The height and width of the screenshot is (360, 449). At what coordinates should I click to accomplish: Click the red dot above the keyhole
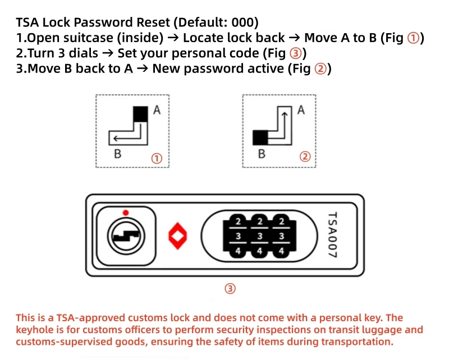[126, 212]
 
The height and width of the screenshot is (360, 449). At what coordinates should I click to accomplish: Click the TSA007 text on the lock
[333, 235]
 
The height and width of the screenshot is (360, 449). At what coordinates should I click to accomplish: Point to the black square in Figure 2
[261, 137]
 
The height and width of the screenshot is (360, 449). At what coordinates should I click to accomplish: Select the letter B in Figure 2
[262, 153]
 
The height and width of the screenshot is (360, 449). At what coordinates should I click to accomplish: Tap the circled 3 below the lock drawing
[230, 289]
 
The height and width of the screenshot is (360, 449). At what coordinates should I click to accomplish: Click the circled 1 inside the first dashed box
[157, 158]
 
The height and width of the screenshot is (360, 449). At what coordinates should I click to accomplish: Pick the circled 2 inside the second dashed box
[305, 157]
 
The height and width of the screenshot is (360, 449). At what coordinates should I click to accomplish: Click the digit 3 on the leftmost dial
[238, 236]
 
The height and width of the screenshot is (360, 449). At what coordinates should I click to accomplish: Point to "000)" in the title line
[242, 23]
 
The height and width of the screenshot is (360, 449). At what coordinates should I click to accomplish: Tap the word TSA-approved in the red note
[74, 318]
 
